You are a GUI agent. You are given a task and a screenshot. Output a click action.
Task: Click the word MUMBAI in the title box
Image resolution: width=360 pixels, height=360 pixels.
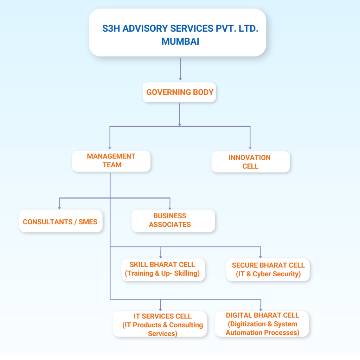pyautogui.click(x=180, y=41)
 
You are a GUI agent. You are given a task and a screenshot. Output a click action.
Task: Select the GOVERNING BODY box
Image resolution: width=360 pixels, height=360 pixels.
pyautogui.click(x=180, y=92)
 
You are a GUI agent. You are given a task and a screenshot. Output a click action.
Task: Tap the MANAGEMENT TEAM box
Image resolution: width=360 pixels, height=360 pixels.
pyautogui.click(x=111, y=161)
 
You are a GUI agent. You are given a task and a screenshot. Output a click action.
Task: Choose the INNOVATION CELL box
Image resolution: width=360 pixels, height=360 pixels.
pyautogui.click(x=250, y=162)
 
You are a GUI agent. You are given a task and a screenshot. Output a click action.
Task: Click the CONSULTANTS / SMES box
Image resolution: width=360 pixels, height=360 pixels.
pyautogui.click(x=60, y=222)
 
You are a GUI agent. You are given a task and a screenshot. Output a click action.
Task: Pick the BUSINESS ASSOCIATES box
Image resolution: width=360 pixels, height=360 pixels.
pyautogui.click(x=173, y=220)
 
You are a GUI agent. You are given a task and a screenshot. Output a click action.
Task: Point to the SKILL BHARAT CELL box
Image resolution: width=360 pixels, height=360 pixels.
pyautogui.click(x=162, y=269)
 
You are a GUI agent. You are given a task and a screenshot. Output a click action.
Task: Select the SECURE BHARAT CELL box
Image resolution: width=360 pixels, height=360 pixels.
pyautogui.click(x=268, y=270)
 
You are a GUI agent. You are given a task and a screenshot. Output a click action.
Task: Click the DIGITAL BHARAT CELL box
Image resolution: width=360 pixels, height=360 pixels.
pyautogui.click(x=262, y=324)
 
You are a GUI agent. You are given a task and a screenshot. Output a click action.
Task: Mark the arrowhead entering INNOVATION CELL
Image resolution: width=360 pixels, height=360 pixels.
pyautogui.click(x=250, y=148)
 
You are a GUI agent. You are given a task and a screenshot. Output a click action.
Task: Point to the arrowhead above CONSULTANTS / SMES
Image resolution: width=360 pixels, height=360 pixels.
pyautogui.click(x=59, y=208)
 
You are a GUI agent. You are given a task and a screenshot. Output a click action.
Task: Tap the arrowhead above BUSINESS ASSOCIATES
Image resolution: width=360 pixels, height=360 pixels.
pyautogui.click(x=170, y=208)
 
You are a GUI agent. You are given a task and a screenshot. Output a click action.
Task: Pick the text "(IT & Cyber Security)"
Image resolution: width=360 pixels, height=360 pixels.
pyautogui.click(x=269, y=274)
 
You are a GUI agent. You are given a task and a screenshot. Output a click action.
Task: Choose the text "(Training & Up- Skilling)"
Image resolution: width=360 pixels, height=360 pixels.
pyautogui.click(x=162, y=274)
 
